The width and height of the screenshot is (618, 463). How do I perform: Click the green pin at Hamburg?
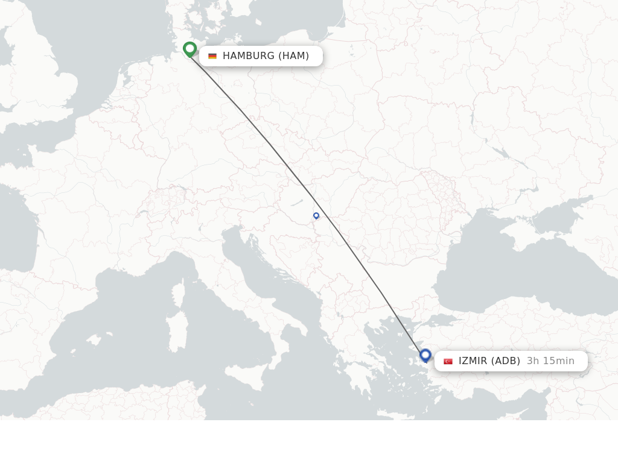click(x=190, y=49)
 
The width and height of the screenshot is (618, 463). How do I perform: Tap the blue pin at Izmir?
click(x=425, y=355)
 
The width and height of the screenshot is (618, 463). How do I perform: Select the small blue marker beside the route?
click(x=316, y=215)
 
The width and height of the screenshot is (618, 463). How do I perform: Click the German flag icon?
click(x=212, y=56)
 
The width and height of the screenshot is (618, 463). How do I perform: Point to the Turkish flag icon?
click(x=448, y=361)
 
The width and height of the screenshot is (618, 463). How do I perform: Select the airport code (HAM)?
click(x=293, y=56)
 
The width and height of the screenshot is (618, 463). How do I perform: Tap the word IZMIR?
click(x=473, y=361)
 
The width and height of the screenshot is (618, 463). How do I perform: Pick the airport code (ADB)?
click(x=506, y=361)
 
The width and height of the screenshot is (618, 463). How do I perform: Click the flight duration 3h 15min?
click(x=550, y=361)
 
